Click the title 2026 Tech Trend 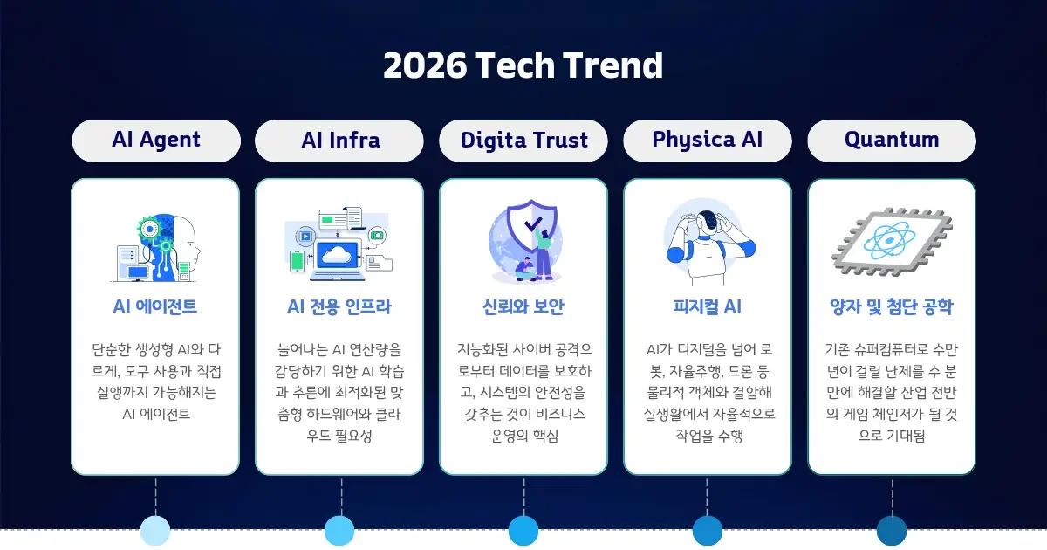point(523,66)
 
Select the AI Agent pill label point(156,141)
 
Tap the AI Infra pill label point(340,141)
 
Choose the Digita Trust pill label point(523,141)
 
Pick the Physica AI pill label point(708,141)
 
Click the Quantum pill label point(891,141)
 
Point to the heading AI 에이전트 point(155,306)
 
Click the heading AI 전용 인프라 point(339,306)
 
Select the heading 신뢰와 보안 point(523,306)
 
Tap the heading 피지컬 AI point(708,306)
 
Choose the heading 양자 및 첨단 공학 point(891,306)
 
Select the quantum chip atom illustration point(891,242)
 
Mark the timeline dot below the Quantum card point(892,531)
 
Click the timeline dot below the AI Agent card point(155,531)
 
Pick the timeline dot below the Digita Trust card point(523,531)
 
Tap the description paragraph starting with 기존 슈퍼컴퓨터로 point(891,392)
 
